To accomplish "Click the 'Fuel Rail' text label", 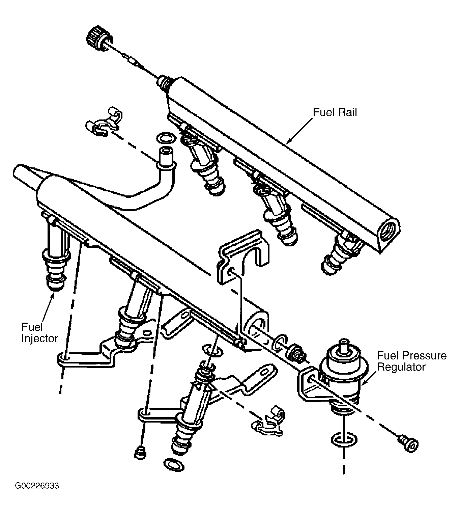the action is pyautogui.click(x=335, y=112).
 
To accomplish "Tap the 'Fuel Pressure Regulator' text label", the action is pyautogui.click(x=411, y=361).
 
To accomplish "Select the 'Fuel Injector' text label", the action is pyautogui.click(x=40, y=333).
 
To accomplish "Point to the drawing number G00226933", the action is pyautogui.click(x=37, y=486).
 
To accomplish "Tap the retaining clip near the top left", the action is pyautogui.click(x=104, y=122).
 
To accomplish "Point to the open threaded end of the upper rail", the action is pyautogui.click(x=387, y=231).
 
